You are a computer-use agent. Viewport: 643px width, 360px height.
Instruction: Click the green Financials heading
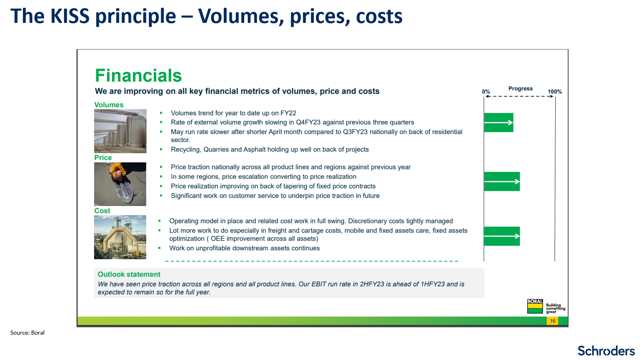coord(138,75)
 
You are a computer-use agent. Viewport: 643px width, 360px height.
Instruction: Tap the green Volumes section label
coord(109,105)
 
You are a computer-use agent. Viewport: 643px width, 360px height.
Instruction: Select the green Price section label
coord(103,157)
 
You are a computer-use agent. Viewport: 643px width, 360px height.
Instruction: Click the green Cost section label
coord(102,211)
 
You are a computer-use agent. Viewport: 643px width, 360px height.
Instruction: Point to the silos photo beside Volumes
coord(120,131)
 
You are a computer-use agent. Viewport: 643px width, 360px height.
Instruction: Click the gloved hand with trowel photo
coord(120,184)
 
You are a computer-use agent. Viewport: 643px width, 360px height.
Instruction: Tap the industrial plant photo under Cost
coord(120,237)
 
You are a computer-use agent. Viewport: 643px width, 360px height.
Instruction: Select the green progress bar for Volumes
coord(499,123)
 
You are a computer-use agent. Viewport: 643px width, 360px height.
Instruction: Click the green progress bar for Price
coord(502,182)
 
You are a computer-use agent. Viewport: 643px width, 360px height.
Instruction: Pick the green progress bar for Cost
coord(502,236)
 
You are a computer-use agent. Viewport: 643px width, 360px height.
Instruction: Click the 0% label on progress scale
coord(486,92)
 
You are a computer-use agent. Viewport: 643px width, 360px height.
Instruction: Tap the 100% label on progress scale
coord(555,92)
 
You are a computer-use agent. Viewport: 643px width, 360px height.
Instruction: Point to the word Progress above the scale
coord(520,88)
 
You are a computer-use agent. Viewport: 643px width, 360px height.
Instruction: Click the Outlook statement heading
coord(129,274)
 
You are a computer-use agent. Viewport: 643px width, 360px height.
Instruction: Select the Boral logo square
coord(535,306)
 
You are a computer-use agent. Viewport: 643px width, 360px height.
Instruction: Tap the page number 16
coord(553,321)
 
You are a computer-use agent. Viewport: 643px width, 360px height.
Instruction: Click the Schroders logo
coord(606,351)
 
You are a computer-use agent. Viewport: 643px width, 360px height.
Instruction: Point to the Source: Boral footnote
coord(27,333)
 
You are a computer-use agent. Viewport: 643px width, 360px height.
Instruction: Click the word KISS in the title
coord(70,16)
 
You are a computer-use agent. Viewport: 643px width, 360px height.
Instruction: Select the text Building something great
coord(555,308)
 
